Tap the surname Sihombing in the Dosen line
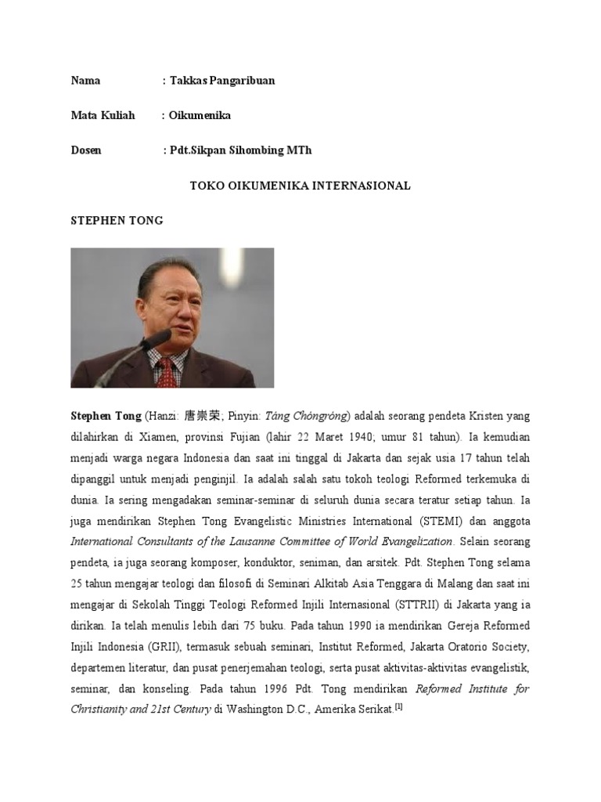pos(251,150)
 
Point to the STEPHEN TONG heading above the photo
pos(117,220)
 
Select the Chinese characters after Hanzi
pos(200,416)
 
